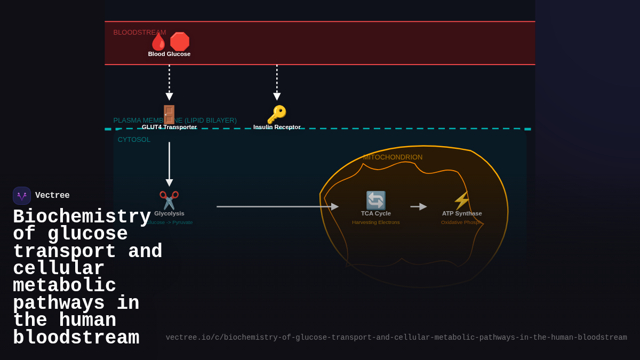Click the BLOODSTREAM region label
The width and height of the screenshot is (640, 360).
point(139,32)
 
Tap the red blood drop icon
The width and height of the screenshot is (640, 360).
point(158,42)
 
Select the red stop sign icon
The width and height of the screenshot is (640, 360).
point(180,42)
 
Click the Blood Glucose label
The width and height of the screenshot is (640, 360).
point(169,54)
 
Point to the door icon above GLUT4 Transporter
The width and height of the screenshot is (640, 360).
point(169,114)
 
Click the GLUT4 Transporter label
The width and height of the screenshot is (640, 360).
point(169,127)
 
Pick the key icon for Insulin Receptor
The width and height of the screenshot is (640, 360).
point(277,114)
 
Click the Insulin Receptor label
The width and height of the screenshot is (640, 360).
point(277,127)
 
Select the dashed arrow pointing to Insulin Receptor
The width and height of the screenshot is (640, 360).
point(277,82)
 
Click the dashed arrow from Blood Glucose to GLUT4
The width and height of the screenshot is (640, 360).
point(169,82)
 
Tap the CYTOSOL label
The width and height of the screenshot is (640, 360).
point(134,139)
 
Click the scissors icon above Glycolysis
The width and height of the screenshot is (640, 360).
point(169,201)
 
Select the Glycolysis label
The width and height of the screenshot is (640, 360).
point(169,213)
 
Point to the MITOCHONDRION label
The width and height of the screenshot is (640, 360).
point(393,157)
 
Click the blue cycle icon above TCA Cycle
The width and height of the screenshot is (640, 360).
point(375,201)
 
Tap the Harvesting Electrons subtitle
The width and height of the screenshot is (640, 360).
point(375,222)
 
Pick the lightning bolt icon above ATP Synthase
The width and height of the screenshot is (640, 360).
point(461,201)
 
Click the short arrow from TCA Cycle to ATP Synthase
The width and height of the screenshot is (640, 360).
point(418,206)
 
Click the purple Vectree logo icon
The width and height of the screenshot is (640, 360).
point(22,196)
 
